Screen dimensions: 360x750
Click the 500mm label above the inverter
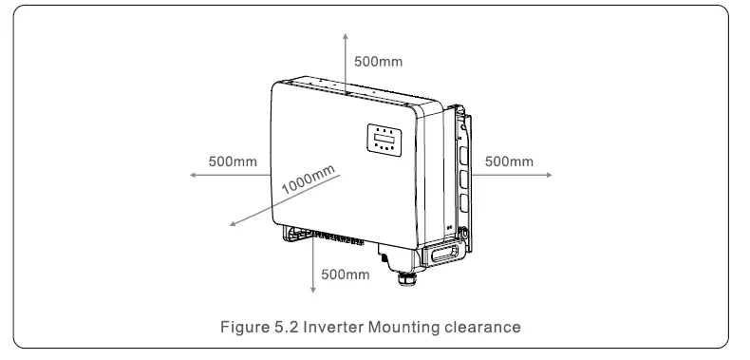(378, 62)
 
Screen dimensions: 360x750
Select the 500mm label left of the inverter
(233, 161)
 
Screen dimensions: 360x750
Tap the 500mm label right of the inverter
(509, 161)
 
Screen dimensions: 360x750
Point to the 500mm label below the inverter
(346, 275)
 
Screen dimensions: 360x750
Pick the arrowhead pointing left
(191, 176)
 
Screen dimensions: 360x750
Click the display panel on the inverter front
(384, 140)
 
